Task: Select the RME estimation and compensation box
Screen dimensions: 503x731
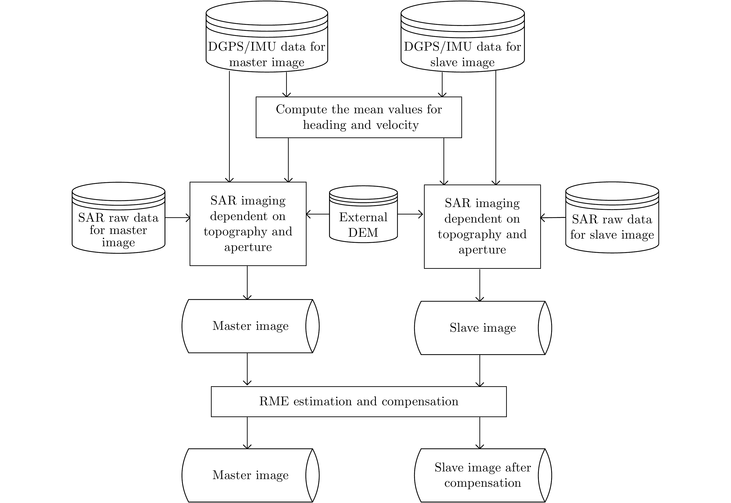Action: point(359,402)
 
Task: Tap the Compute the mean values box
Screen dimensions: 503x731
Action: point(359,117)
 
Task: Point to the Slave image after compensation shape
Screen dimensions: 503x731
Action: point(483,475)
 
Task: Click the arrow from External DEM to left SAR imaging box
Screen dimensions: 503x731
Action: point(318,214)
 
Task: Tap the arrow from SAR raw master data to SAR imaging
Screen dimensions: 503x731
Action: point(177,217)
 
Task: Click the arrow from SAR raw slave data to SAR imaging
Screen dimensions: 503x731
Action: point(553,217)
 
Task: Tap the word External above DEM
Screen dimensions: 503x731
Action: point(363,217)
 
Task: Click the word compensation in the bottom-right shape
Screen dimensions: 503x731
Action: point(482,483)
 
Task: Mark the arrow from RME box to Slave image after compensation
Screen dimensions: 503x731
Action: point(480,432)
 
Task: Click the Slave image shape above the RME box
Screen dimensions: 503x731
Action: point(483,328)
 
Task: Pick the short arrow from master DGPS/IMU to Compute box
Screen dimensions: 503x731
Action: point(286,84)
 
